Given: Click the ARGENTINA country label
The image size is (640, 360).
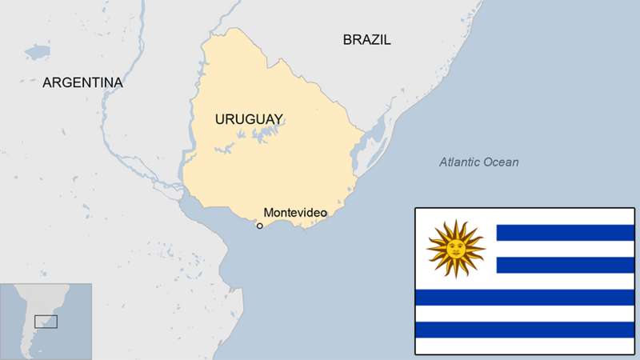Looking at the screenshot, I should pyautogui.click(x=82, y=82).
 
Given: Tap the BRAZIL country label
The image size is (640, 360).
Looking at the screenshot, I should pyautogui.click(x=366, y=39).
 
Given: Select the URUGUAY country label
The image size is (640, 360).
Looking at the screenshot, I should pyautogui.click(x=249, y=119).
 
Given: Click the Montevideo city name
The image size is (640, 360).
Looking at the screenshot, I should pyautogui.click(x=295, y=213).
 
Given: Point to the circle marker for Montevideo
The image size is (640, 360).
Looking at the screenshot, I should pyautogui.click(x=259, y=226).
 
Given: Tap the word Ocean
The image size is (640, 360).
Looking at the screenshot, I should pyautogui.click(x=502, y=162).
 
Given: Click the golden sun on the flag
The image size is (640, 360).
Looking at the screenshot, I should pyautogui.click(x=456, y=249).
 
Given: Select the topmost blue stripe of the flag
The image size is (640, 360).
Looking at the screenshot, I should pyautogui.click(x=565, y=233).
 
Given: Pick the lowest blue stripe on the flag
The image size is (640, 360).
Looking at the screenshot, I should pyautogui.click(x=524, y=330).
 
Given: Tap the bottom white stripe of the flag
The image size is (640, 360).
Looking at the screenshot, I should pyautogui.click(x=524, y=346).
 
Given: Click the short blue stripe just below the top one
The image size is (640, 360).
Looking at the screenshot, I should pyautogui.click(x=565, y=265).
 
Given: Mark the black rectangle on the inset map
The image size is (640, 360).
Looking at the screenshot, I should pyautogui.click(x=46, y=321).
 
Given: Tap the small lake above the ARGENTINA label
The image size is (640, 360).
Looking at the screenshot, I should pyautogui.click(x=37, y=53).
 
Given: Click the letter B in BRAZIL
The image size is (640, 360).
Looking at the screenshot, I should pyautogui.click(x=347, y=39).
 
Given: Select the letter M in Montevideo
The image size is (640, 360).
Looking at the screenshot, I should pyautogui.click(x=268, y=213).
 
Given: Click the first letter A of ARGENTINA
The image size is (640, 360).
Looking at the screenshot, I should pyautogui.click(x=47, y=82).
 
